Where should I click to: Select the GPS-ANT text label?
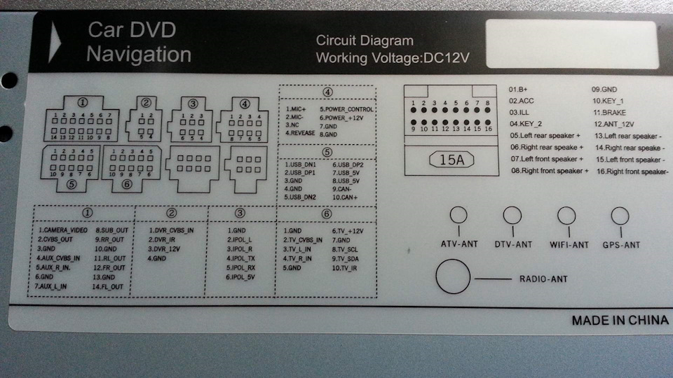pos(621,245)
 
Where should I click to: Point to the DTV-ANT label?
pos(512,245)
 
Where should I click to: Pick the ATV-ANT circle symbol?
pos(459,216)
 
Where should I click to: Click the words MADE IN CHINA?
pos(620,321)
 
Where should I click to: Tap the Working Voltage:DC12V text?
pos(393,58)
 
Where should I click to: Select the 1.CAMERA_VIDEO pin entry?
pos(63,230)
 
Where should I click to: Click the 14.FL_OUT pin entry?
pos(109,287)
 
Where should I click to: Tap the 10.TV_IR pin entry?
pos(344,268)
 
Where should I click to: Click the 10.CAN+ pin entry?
pos(345,197)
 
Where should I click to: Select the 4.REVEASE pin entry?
pos(301,133)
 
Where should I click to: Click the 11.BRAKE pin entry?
pos(609,112)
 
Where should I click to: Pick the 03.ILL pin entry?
pos(519,112)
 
